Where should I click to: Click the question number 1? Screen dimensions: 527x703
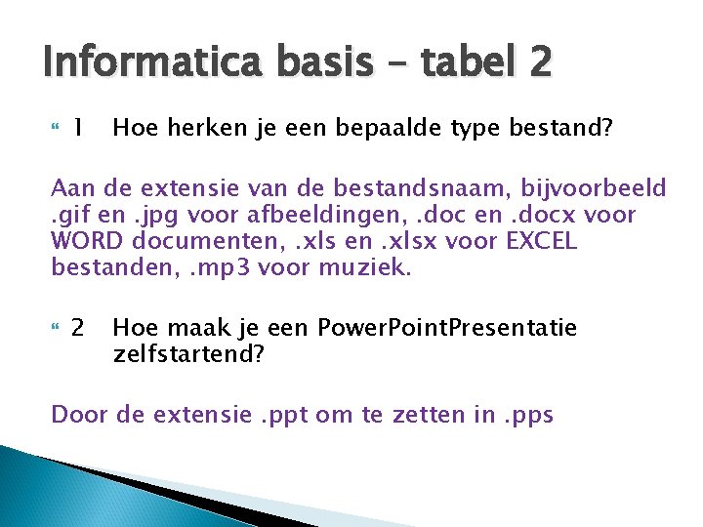click(x=76, y=127)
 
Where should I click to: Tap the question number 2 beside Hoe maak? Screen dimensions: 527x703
click(x=77, y=328)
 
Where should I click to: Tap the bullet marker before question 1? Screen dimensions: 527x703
click(x=55, y=127)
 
